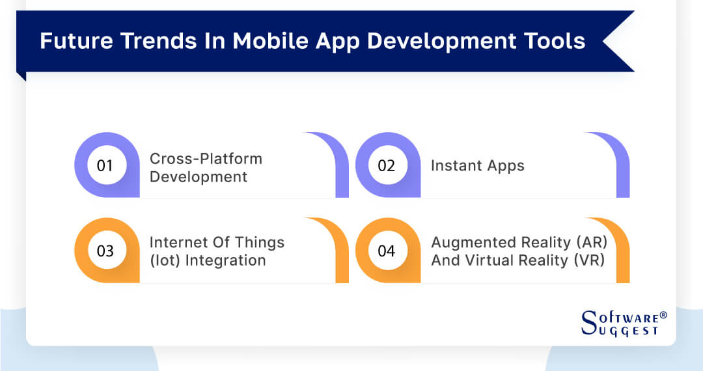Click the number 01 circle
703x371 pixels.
click(x=105, y=165)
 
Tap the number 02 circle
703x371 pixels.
click(x=387, y=165)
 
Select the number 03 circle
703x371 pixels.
click(x=105, y=251)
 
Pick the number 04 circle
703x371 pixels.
click(x=387, y=251)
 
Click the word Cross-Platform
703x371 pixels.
click(x=206, y=159)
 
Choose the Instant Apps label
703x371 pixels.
click(x=477, y=165)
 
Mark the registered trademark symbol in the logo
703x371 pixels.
click(x=663, y=315)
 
